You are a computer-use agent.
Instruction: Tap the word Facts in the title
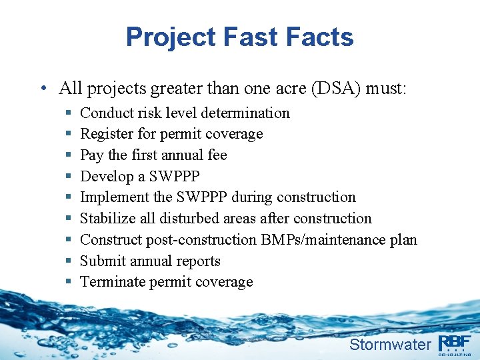pyautogui.click(x=320, y=37)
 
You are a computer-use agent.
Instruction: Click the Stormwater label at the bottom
pyautogui.click(x=390, y=345)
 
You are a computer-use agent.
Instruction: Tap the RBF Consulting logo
pyautogui.click(x=455, y=344)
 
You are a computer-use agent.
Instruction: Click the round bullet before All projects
pyautogui.click(x=43, y=89)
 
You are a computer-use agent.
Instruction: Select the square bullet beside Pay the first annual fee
pyautogui.click(x=69, y=155)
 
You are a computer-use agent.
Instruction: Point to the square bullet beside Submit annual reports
pyautogui.click(x=69, y=261)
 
